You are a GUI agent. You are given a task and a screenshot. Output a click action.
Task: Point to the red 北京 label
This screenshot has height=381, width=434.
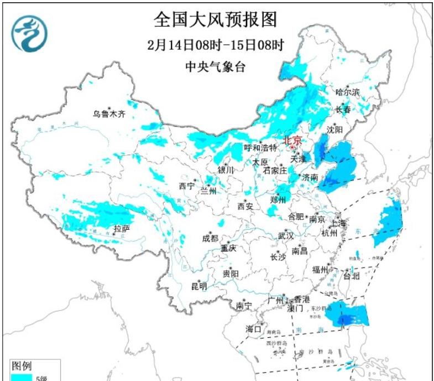coord(292,141)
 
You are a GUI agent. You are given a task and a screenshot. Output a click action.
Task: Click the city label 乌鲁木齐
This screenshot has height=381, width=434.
coord(109,115)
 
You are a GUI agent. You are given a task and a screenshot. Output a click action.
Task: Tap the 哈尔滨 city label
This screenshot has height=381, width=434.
coord(348,91)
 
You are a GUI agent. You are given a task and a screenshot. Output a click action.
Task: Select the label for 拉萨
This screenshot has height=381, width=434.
coord(122,228)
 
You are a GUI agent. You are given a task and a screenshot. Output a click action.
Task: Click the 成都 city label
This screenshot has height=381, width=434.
coord(210,239)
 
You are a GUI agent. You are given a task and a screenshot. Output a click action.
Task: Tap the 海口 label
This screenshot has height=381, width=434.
coord(253,329)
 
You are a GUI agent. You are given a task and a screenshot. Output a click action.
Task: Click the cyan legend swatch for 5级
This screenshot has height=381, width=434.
coord(21,378)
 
